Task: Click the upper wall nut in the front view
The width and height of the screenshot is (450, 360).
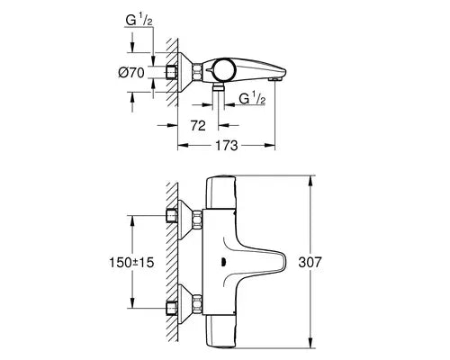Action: click(x=173, y=216)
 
